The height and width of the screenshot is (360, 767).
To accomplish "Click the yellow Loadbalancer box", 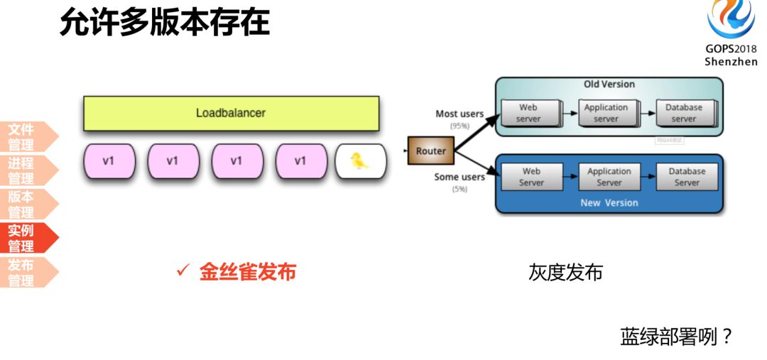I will point(231,113).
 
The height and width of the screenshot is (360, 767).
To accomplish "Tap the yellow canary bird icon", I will point(361,161).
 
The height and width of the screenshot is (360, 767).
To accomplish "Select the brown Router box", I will point(430,151).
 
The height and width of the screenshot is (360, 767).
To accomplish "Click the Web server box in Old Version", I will point(528,113).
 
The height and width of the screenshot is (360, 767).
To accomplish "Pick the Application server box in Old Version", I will point(606,113).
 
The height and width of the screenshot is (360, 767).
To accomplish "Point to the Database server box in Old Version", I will point(683,113).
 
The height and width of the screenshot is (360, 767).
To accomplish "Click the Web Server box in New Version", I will point(531,177).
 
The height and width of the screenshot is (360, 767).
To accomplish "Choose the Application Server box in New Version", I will point(609,177).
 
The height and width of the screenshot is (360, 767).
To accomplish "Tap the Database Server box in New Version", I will point(687,177).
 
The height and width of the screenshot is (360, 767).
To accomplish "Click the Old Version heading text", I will point(609,84).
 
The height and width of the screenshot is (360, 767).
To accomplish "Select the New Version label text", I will point(609,202).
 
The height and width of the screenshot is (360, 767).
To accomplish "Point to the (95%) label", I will point(459,126).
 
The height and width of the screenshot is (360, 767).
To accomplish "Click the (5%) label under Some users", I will point(459,189).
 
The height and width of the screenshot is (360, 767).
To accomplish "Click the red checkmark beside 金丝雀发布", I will point(183,271).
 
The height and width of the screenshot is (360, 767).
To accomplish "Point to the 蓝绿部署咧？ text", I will point(676,336).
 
